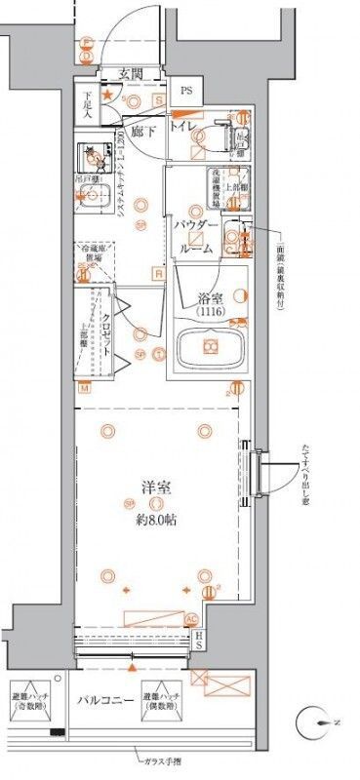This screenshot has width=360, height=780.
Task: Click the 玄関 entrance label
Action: point(132,74)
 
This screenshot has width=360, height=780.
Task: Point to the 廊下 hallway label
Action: point(146,132)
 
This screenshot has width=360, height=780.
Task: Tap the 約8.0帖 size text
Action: point(156,519)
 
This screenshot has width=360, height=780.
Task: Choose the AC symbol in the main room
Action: point(192,618)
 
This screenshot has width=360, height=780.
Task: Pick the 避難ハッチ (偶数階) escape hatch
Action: point(161,698)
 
